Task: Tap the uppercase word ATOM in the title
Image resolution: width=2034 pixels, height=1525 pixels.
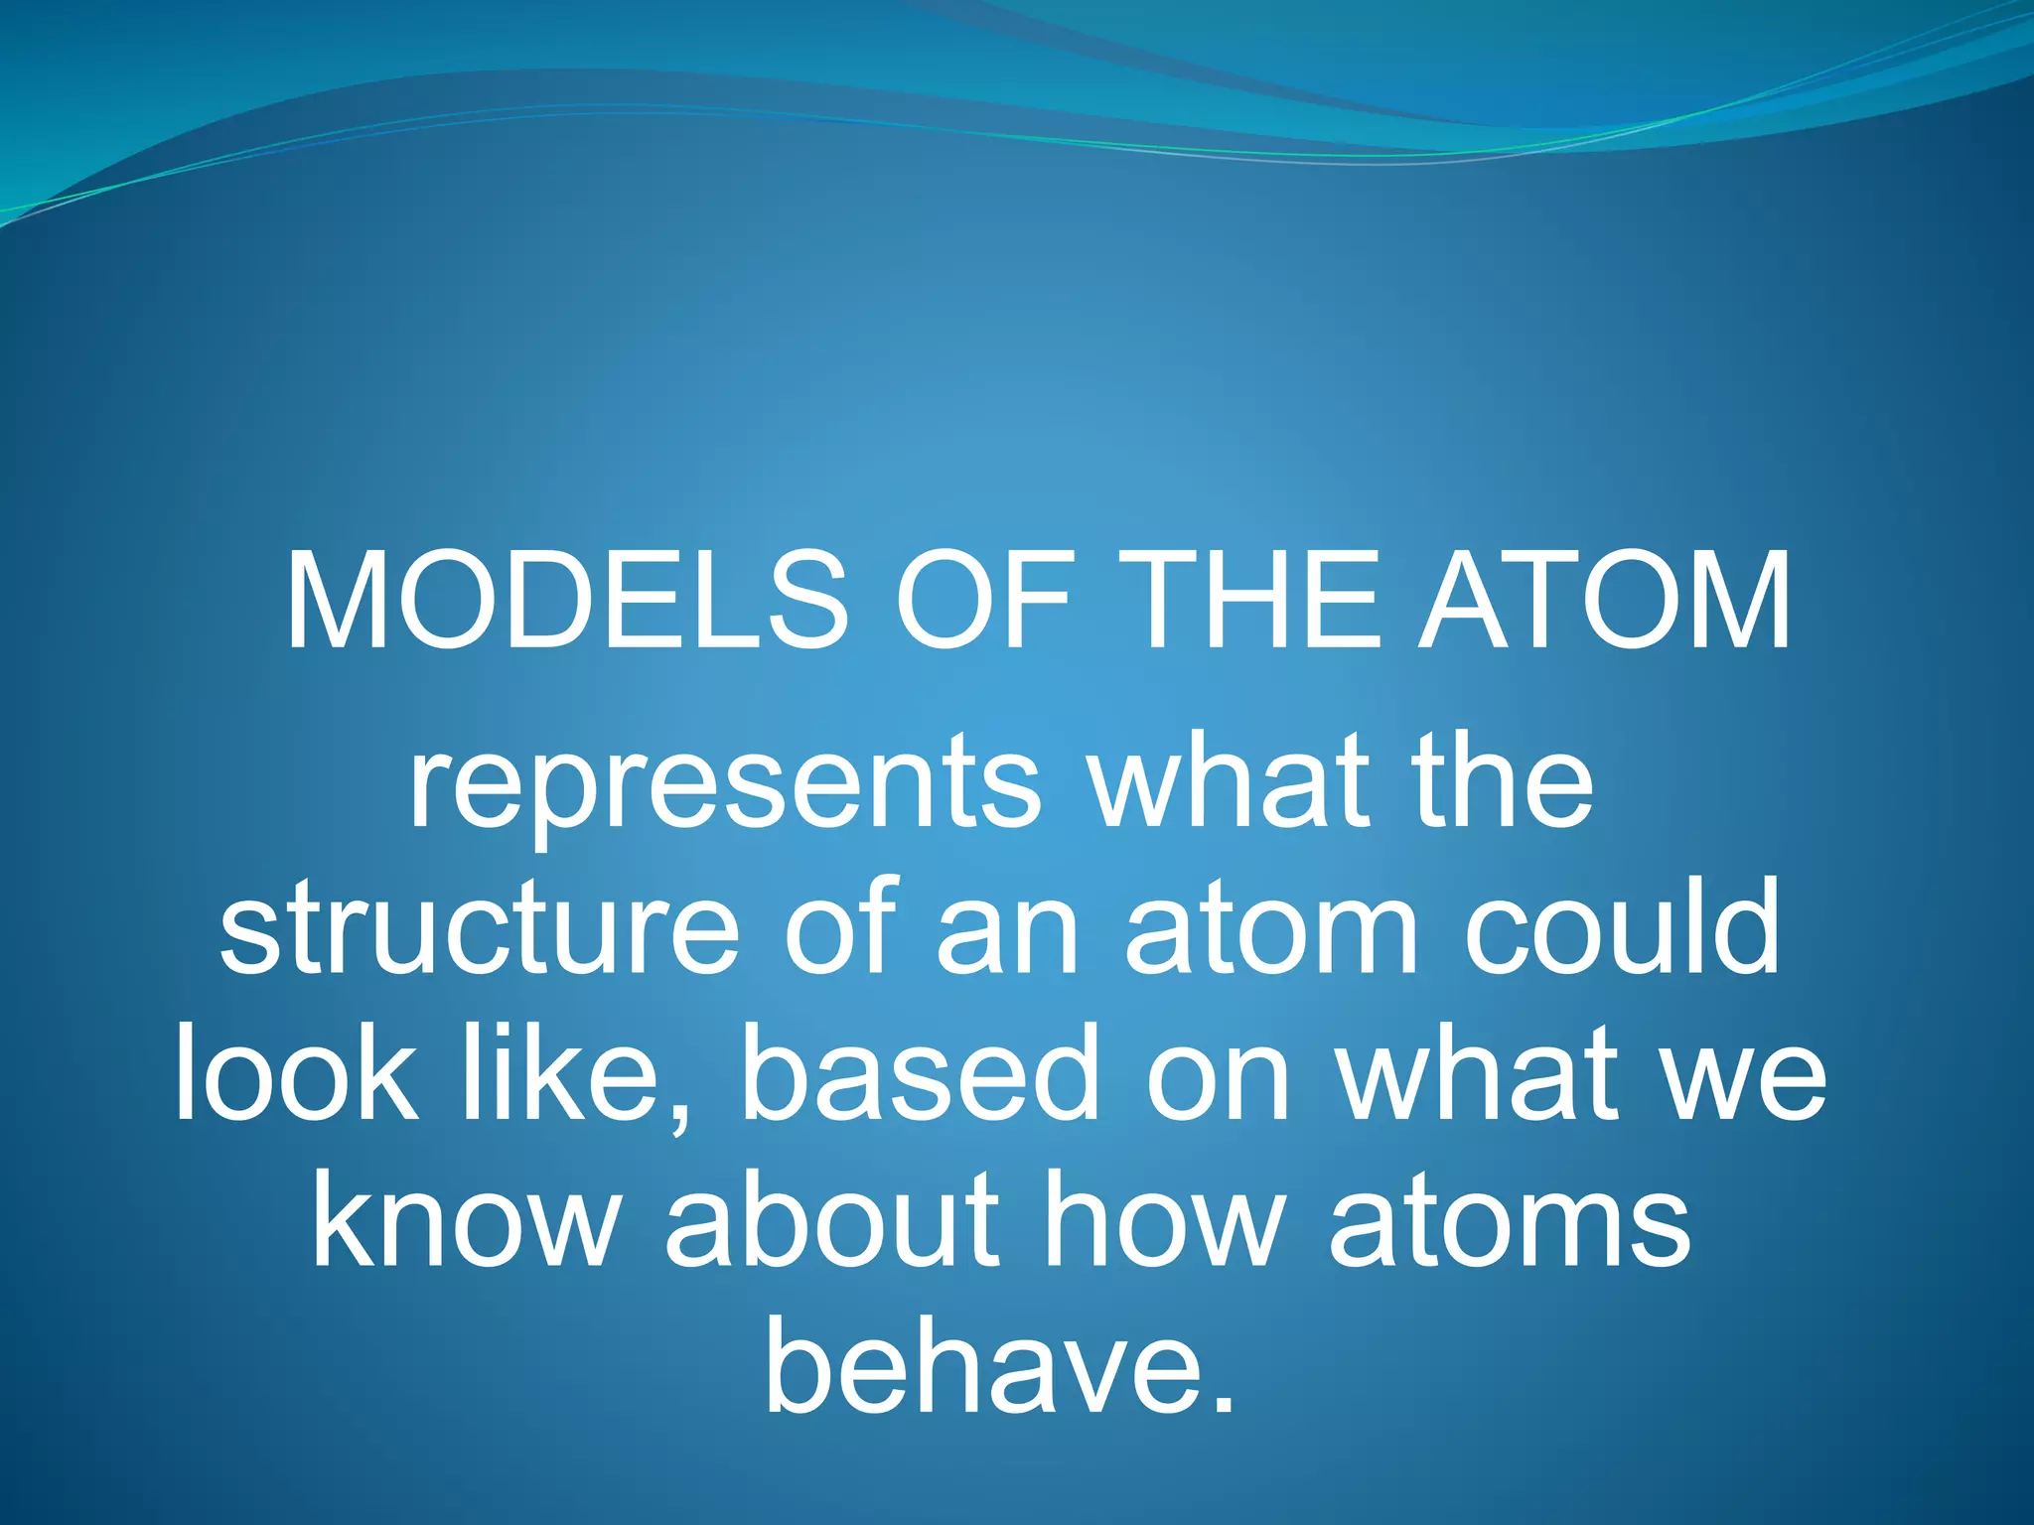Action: click(1604, 603)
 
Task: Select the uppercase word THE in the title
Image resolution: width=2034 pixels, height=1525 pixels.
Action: click(1255, 603)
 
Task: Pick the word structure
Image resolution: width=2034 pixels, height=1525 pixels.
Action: click(480, 928)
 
